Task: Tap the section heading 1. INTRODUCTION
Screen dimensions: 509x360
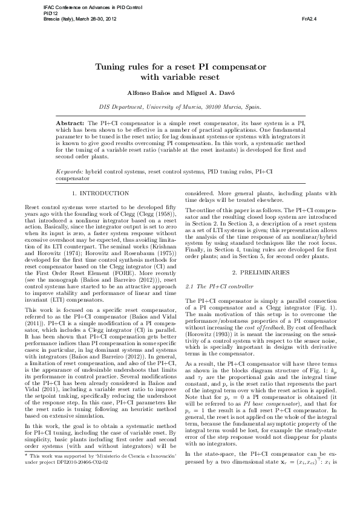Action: click(x=100, y=193)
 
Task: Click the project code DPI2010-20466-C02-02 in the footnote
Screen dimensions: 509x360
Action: click(x=82, y=494)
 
